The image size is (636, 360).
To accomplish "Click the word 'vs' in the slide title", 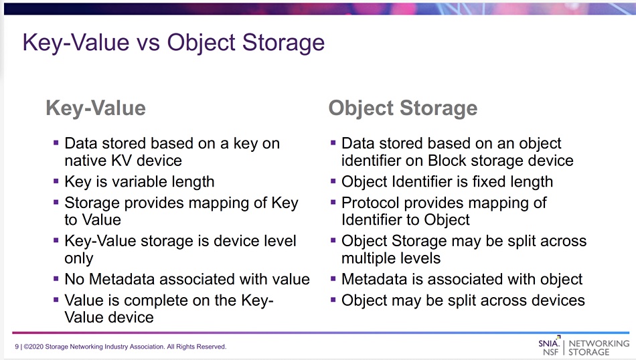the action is click(x=148, y=43).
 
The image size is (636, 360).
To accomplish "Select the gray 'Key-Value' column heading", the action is click(x=96, y=108).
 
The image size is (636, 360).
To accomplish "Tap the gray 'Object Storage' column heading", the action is click(x=403, y=108).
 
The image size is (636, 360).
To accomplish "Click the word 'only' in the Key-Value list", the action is click(x=79, y=259).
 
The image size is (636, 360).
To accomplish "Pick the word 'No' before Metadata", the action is click(x=74, y=279).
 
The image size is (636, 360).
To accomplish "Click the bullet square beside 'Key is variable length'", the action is click(x=56, y=181).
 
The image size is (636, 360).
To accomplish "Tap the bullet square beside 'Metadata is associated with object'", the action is click(x=333, y=278).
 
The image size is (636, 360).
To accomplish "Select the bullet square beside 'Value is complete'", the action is click(x=56, y=300).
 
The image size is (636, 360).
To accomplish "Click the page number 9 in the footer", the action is click(x=17, y=347).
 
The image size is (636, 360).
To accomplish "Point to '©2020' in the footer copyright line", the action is click(x=33, y=347).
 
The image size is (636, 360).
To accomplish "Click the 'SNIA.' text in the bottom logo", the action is click(x=549, y=343).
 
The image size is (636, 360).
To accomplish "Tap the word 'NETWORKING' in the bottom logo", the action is click(x=599, y=343).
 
